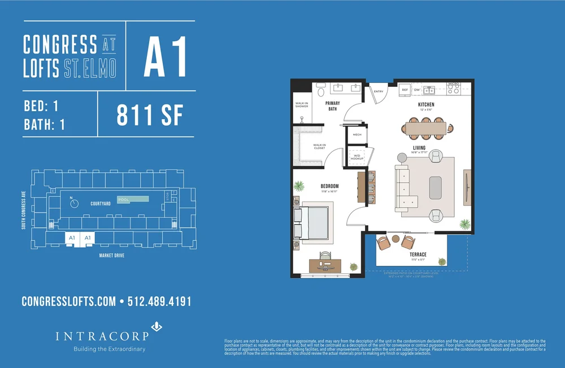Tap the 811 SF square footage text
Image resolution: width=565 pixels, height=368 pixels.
[x=150, y=115]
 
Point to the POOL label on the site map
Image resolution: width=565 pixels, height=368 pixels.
[x=123, y=199]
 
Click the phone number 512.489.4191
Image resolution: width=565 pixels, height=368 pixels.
[x=160, y=301]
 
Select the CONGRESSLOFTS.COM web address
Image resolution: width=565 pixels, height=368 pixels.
[x=68, y=301]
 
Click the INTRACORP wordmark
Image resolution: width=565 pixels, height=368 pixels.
[x=102, y=336]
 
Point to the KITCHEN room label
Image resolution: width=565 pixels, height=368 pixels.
[x=425, y=105]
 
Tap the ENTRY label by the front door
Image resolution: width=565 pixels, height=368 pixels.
[x=378, y=91]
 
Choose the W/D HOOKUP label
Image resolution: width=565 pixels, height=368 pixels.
[x=357, y=158]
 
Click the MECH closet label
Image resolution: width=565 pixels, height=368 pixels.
[x=357, y=135]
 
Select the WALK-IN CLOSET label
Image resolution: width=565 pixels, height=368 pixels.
[x=319, y=146]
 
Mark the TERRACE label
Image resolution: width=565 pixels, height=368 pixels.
[x=418, y=255]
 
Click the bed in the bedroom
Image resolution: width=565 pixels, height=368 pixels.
[x=312, y=222]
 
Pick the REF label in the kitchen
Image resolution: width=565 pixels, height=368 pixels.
[x=405, y=90]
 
